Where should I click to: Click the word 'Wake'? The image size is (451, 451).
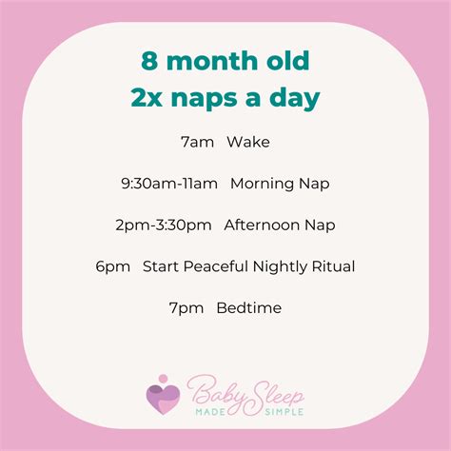coord(248,143)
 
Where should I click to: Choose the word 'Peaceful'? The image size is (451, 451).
coord(214,267)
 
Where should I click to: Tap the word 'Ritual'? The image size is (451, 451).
coord(332,267)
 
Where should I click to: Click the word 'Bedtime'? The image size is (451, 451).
coord(249,308)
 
